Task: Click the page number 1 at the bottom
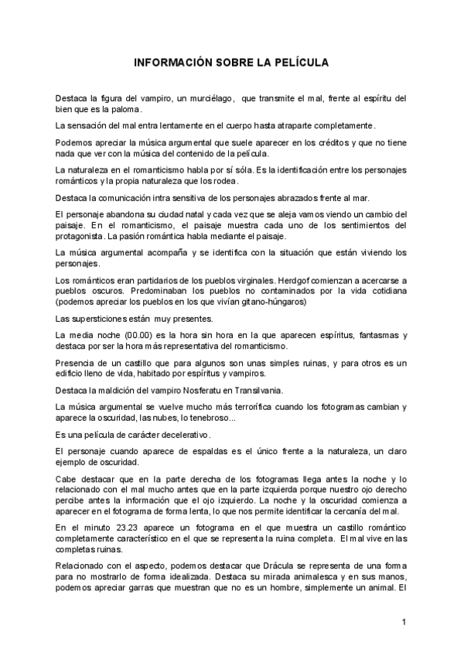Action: (404, 622)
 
